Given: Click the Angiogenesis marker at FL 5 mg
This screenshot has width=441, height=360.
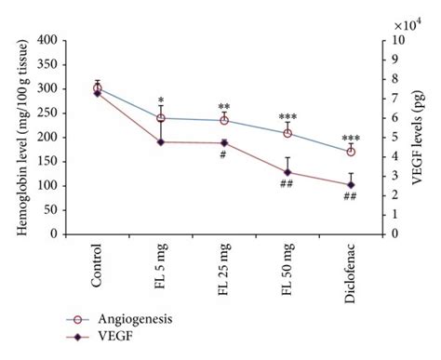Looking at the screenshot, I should [x=161, y=118].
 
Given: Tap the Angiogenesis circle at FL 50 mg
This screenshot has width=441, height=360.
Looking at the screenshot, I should [x=287, y=133].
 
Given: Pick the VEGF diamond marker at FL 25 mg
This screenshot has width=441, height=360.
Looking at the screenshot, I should [x=224, y=142].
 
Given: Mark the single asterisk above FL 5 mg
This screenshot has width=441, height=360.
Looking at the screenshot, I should [x=161, y=100].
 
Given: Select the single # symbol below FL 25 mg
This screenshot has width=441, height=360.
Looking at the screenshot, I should [x=223, y=155].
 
